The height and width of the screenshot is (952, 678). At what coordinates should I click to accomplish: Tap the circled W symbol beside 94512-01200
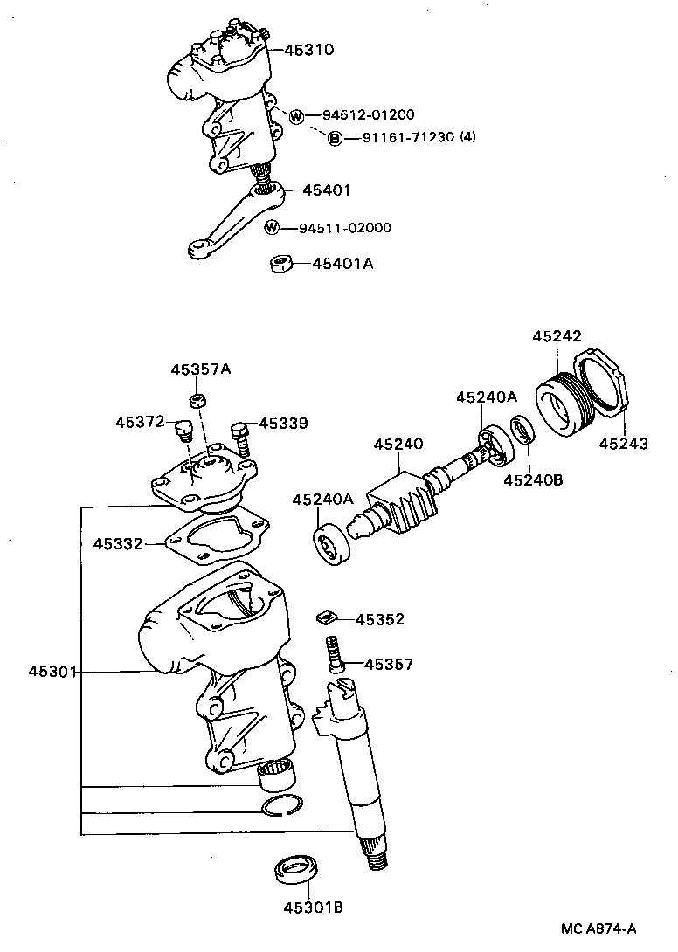296,116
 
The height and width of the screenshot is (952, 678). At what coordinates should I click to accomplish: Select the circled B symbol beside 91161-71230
335,138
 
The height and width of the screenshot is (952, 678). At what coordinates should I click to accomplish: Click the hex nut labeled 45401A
280,263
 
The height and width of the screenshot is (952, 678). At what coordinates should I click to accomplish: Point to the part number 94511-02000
344,229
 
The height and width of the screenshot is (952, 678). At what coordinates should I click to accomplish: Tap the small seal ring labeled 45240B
522,430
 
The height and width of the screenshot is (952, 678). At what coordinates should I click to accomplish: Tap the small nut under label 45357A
198,401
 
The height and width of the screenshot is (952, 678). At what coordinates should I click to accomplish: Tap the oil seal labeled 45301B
295,870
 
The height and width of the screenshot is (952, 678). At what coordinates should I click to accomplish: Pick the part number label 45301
53,672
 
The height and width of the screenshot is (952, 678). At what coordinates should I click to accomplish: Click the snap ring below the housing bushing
282,806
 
